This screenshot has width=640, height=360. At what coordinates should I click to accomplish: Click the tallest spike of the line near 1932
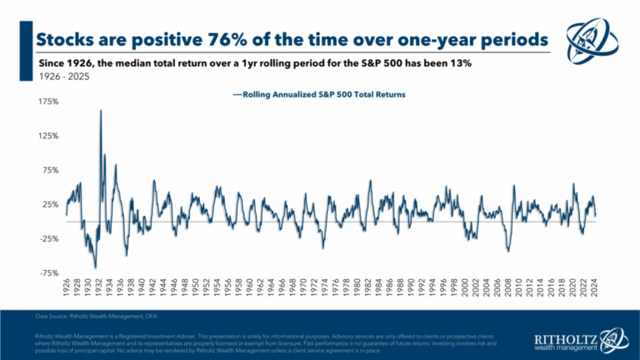tap(101, 111)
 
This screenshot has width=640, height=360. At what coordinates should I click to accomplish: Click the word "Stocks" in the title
tap(65, 40)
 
